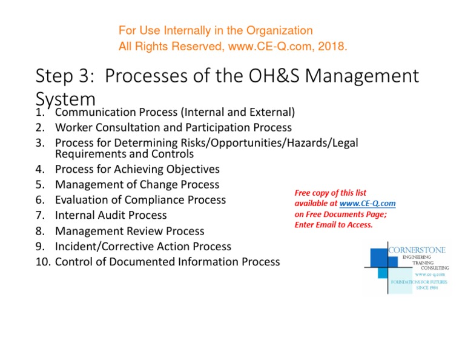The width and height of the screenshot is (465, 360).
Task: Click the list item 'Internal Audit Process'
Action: click(x=111, y=215)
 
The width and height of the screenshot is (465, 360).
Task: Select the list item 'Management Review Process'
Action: click(x=130, y=231)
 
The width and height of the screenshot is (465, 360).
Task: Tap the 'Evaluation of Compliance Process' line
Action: click(x=140, y=199)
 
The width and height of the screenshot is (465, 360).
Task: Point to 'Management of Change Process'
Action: click(x=137, y=184)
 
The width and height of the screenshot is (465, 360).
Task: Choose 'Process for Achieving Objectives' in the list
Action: click(x=137, y=169)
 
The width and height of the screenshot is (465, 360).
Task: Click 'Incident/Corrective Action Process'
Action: click(x=143, y=247)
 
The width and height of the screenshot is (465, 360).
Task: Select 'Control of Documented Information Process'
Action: click(x=167, y=262)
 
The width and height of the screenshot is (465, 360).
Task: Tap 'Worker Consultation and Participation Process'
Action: click(x=173, y=127)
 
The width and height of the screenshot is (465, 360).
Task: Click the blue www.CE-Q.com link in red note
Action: click(x=368, y=204)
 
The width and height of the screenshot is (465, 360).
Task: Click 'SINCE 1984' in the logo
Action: click(x=426, y=288)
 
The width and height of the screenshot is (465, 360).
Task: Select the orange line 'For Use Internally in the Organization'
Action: click(x=216, y=30)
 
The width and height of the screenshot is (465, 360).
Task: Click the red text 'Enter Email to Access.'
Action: click(x=334, y=225)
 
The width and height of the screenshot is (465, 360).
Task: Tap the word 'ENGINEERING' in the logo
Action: click(x=418, y=258)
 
